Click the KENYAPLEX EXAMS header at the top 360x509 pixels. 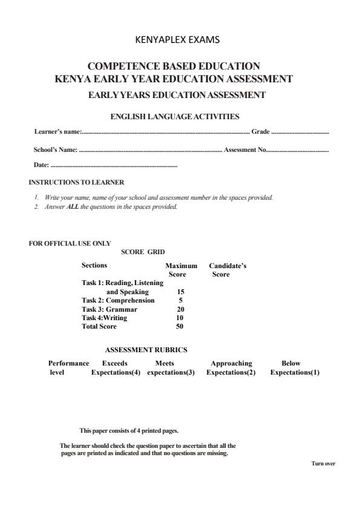(x=180, y=41)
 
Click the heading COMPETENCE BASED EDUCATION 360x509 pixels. (x=174, y=65)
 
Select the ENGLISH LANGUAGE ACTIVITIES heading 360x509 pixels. (x=174, y=116)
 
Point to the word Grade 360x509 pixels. (x=260, y=131)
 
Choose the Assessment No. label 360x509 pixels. (x=245, y=149)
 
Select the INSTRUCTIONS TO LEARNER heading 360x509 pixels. (x=76, y=182)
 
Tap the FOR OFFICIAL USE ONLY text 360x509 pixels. (x=70, y=243)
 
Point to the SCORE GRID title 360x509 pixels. (x=143, y=252)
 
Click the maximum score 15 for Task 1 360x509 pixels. (x=172, y=292)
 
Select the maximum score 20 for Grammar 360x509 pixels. (x=172, y=309)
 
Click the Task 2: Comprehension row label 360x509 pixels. (x=118, y=300)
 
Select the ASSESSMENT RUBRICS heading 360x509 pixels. (x=146, y=350)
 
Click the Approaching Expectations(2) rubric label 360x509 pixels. (x=231, y=368)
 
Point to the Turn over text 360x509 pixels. (x=323, y=464)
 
